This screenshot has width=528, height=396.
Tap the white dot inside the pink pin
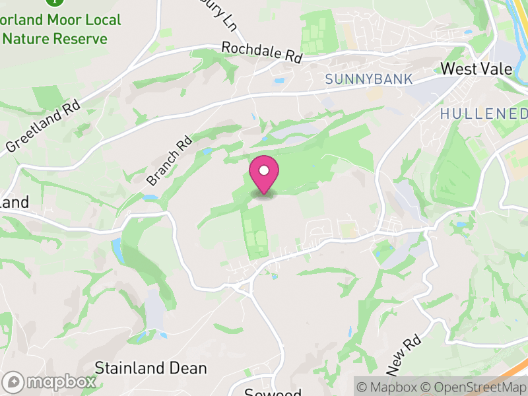tap(264, 170)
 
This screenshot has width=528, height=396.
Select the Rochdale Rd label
tap(261, 53)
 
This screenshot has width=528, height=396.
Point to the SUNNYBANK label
tap(368, 79)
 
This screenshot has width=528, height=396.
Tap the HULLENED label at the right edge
tap(484, 114)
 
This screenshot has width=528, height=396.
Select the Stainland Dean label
tap(151, 368)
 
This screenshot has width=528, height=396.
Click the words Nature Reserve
tap(54, 39)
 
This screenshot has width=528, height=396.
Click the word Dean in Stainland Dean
tap(189, 368)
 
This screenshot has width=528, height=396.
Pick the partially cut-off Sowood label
tap(273, 392)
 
